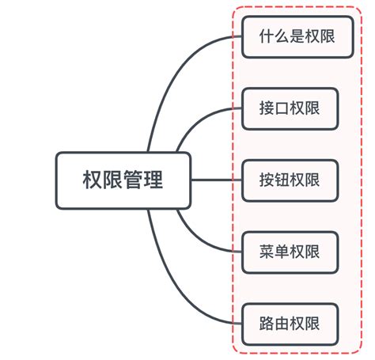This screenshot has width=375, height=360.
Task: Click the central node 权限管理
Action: click(x=123, y=180)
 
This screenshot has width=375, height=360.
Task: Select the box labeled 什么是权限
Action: click(x=290, y=36)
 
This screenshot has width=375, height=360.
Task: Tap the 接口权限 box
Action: click(x=290, y=108)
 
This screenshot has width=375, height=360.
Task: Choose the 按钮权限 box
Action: click(x=290, y=180)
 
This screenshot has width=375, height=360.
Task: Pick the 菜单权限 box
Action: click(x=290, y=252)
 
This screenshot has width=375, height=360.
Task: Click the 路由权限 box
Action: click(x=290, y=324)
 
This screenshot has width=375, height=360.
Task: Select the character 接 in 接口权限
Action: click(x=267, y=108)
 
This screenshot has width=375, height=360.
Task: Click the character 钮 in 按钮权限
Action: click(x=282, y=180)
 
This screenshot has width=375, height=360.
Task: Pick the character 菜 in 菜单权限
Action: click(x=267, y=252)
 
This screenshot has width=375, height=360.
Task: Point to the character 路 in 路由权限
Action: click(x=267, y=324)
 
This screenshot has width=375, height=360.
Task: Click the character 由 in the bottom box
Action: click(x=282, y=324)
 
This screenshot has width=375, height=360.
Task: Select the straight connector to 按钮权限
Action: click(x=215, y=180)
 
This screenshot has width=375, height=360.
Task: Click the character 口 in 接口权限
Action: click(x=282, y=108)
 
